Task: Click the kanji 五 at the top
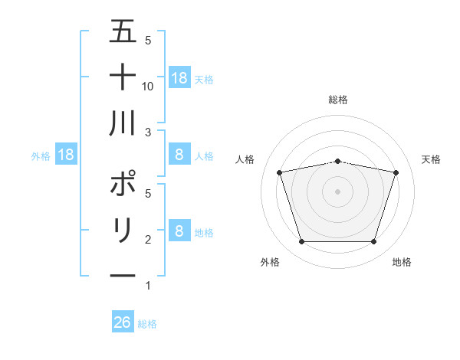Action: click(123, 31)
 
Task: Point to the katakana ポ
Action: click(123, 185)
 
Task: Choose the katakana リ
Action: click(123, 231)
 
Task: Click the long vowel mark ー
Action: click(123, 277)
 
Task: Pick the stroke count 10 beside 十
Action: click(149, 86)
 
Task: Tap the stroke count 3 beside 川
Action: click(148, 133)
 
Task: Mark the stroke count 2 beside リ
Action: click(148, 240)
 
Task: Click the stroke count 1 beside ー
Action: click(148, 286)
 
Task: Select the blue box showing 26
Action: click(123, 322)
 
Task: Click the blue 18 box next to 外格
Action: click(66, 155)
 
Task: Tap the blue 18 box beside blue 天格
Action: click(179, 78)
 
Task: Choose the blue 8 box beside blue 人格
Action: click(179, 155)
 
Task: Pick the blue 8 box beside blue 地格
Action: click(179, 231)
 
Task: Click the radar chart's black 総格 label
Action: click(337, 100)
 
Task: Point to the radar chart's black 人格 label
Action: click(245, 159)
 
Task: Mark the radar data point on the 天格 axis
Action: click(396, 172)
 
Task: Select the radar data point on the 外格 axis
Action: click(301, 242)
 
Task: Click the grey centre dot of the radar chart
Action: click(337, 191)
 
